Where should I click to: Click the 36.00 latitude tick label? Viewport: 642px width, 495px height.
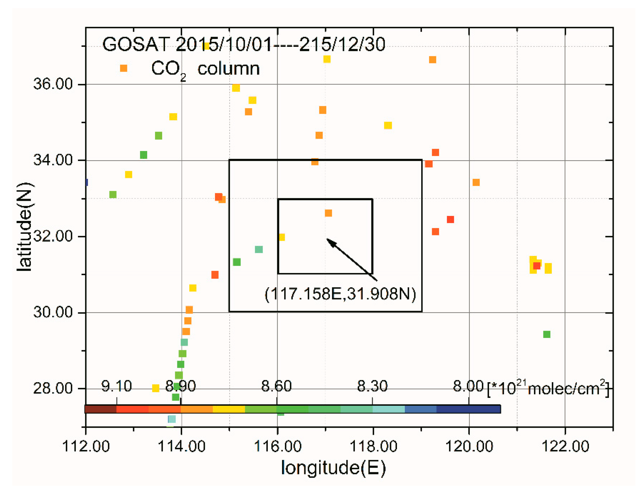click(53, 84)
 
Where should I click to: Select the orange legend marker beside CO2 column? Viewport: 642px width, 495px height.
click(123, 68)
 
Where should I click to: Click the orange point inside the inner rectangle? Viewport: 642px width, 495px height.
click(328, 213)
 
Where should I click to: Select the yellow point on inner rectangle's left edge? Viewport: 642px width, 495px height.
click(282, 237)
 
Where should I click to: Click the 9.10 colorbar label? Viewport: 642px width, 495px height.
click(116, 386)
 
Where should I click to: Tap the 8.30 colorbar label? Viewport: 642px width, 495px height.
click(372, 386)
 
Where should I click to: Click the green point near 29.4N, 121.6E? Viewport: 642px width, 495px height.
click(547, 334)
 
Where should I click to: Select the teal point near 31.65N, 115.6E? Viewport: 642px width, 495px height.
click(259, 249)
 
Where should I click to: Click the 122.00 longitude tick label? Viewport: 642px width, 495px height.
click(565, 446)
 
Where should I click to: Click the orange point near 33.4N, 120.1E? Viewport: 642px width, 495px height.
click(476, 182)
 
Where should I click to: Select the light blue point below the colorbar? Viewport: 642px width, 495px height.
click(172, 419)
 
